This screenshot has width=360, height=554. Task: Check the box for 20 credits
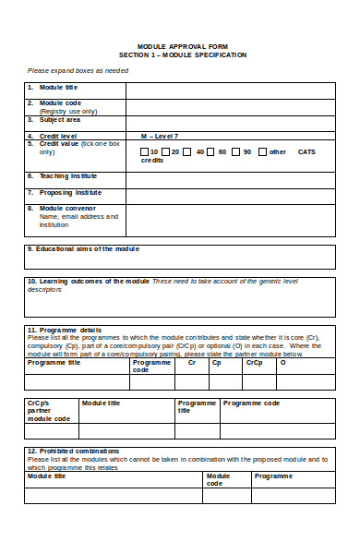[x=166, y=151]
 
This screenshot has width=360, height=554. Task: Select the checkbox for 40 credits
[x=189, y=151]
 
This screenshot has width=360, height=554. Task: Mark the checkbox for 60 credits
[x=211, y=151]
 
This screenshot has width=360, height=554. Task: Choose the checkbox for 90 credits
[x=236, y=151]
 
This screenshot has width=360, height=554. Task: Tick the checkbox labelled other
[x=263, y=151]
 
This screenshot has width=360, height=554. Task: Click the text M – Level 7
[x=159, y=136]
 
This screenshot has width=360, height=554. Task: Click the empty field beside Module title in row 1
[x=230, y=89]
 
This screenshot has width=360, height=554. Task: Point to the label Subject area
[x=59, y=119]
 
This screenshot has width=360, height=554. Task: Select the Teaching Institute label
[x=67, y=175]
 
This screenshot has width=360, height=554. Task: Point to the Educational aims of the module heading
[x=83, y=249]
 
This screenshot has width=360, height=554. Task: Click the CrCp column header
[x=254, y=363]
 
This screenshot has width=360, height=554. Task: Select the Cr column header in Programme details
[x=192, y=363]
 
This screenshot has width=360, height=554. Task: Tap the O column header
[x=282, y=363]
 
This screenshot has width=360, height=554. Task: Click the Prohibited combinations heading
[x=75, y=451]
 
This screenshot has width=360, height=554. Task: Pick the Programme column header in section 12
[x=273, y=476]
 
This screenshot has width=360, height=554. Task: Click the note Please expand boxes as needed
[x=78, y=70]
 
